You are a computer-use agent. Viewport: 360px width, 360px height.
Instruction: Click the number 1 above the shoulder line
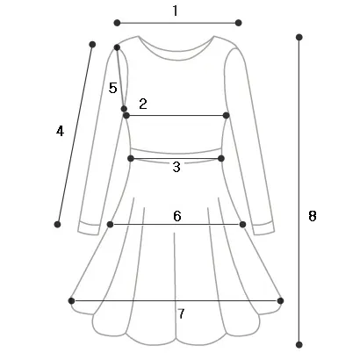[x=175, y=11]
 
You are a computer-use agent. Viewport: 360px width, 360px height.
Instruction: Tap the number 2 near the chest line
[x=143, y=104]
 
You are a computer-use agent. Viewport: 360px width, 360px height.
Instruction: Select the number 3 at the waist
[x=176, y=167]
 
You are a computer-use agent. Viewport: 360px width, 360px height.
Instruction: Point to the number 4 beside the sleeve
[x=60, y=131]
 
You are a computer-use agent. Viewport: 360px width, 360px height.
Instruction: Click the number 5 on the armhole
[x=113, y=88]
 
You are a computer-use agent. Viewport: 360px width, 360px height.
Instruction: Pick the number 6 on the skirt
[x=177, y=216]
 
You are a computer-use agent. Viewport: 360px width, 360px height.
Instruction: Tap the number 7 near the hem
[x=182, y=313]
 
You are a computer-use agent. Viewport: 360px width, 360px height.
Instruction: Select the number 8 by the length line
[x=313, y=216]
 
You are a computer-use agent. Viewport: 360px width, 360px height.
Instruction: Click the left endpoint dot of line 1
[x=117, y=23]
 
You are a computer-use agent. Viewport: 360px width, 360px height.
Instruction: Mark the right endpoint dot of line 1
[x=238, y=23]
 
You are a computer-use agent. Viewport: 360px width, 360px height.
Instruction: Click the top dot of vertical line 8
[x=299, y=37]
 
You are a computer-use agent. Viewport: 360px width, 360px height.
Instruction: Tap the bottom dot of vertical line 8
[x=299, y=344]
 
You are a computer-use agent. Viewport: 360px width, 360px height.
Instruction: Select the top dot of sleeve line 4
[x=92, y=45]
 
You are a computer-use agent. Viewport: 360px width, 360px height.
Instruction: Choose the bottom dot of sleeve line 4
[x=57, y=225]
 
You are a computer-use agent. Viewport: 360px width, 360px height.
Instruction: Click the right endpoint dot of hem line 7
[x=280, y=300]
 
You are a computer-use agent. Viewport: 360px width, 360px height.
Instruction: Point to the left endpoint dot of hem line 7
[x=71, y=300]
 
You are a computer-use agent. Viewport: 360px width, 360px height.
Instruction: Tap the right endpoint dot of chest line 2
[x=226, y=116]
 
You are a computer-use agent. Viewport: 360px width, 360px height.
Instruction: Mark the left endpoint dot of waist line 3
[x=131, y=159]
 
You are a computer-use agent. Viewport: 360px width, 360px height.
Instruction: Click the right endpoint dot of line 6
[x=242, y=225]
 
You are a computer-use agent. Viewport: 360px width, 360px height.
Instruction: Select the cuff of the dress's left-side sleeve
[x=90, y=228]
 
